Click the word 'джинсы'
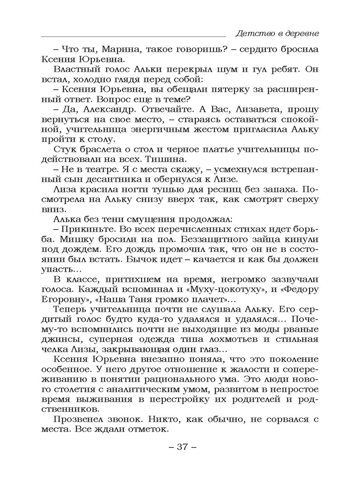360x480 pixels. point(58,337)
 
